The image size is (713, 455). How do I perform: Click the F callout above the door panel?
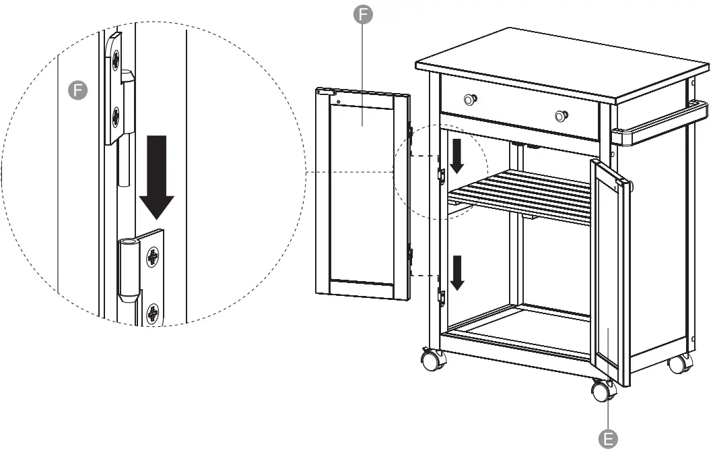point(363,16)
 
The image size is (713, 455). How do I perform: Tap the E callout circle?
point(608,439)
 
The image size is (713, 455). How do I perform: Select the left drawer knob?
point(470,100)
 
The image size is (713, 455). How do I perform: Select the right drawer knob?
point(561,116)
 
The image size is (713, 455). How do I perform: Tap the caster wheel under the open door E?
point(603,390)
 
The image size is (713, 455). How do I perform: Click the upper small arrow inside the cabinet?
point(458,156)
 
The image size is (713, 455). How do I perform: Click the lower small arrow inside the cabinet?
point(458,272)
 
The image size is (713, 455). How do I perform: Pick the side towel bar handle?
point(660,123)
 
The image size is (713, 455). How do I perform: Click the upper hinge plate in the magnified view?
point(116,88)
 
